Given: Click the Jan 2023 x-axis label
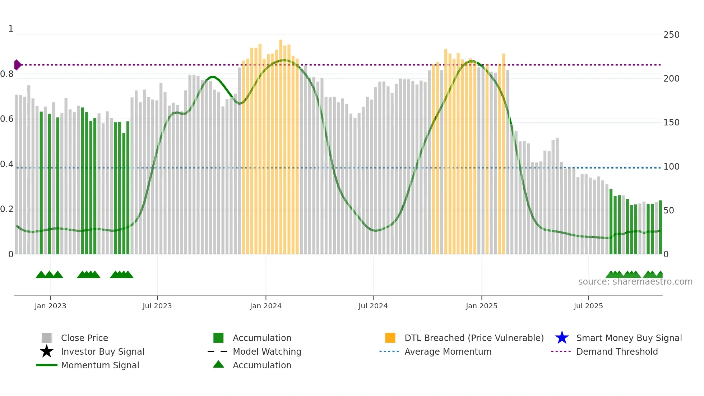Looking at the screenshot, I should (x=50, y=306).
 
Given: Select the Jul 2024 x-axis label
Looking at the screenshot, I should (x=373, y=306).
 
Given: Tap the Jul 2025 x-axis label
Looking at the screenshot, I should (x=588, y=306).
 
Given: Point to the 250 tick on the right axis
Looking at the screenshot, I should (x=671, y=35).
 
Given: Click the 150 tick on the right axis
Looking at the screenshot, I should (x=671, y=123).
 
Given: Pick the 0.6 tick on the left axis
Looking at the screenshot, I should (x=7, y=119).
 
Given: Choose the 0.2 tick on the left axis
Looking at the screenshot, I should (x=7, y=209).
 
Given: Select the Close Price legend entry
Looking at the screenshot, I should (x=84, y=338).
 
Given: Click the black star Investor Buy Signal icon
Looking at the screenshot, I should (x=47, y=351).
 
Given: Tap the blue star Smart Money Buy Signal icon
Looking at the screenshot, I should (x=562, y=338).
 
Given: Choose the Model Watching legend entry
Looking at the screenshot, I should (x=267, y=351).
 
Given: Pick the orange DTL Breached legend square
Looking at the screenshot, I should (x=390, y=338).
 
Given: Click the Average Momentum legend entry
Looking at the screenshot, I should (x=448, y=351).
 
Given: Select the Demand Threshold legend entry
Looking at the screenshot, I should (x=617, y=351).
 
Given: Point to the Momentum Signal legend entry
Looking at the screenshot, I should (x=100, y=365).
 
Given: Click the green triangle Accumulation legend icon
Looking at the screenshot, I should (x=218, y=364).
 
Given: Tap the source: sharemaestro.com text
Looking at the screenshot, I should (x=635, y=282).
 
